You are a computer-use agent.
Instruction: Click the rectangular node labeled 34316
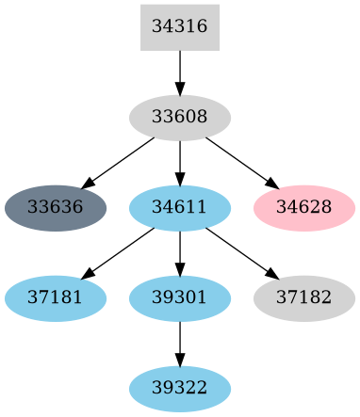click(179, 27)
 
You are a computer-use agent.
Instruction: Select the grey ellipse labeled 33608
click(179, 118)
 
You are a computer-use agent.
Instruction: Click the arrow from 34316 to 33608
click(179, 72)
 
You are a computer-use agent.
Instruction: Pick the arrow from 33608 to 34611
click(179, 162)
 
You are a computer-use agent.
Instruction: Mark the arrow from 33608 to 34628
click(240, 162)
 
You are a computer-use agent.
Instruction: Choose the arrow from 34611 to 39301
click(179, 252)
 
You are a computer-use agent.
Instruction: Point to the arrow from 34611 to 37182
click(240, 252)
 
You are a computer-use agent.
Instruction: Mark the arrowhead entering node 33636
click(88, 184)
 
